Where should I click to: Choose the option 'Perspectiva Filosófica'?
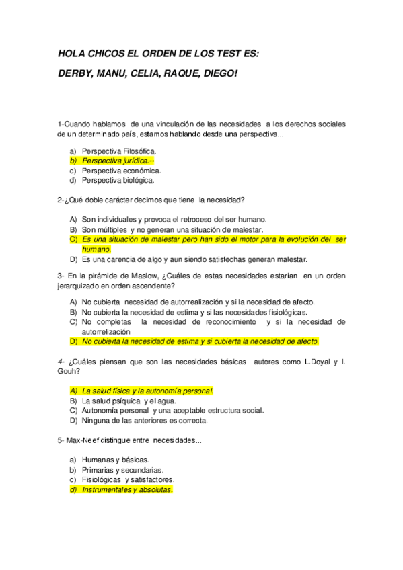click(x=118, y=151)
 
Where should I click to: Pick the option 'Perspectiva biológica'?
click(x=118, y=180)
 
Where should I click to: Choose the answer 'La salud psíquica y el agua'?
click(x=129, y=401)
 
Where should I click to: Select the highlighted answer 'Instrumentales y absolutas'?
click(x=127, y=490)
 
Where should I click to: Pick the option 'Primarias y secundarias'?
click(x=123, y=470)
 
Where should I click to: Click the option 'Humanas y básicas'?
click(x=115, y=460)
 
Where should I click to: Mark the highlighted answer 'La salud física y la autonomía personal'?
click(x=147, y=391)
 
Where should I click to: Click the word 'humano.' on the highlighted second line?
click(x=96, y=249)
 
